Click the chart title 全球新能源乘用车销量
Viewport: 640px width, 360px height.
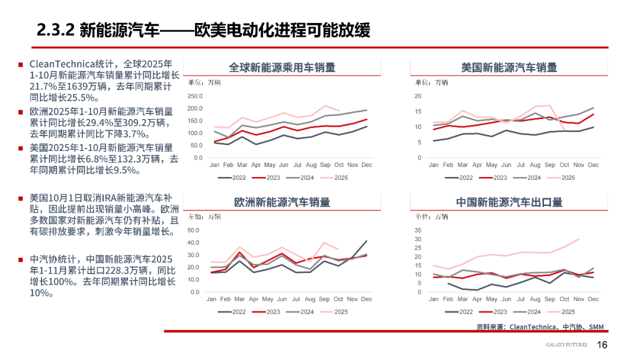point(282,67)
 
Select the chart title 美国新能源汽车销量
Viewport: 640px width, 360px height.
point(509,67)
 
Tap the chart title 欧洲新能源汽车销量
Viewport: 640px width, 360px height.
point(282,202)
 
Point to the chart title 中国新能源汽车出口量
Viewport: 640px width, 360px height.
point(509,202)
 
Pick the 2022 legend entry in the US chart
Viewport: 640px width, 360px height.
point(460,178)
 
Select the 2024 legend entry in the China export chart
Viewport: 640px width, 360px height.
point(527,312)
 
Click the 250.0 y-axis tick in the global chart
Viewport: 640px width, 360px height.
point(195,96)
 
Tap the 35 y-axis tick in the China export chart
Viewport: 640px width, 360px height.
point(418,230)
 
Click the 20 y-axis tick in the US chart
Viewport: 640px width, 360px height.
point(418,96)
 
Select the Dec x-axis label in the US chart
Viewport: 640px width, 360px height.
point(593,164)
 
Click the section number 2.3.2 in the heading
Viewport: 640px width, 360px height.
point(55,30)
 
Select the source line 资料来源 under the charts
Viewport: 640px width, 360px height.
point(540,327)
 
